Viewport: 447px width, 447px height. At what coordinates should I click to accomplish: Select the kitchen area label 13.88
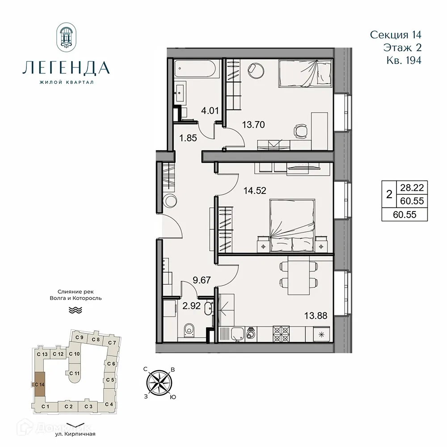click(316, 316)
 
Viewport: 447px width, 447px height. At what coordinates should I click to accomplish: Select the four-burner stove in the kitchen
click(282, 332)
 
